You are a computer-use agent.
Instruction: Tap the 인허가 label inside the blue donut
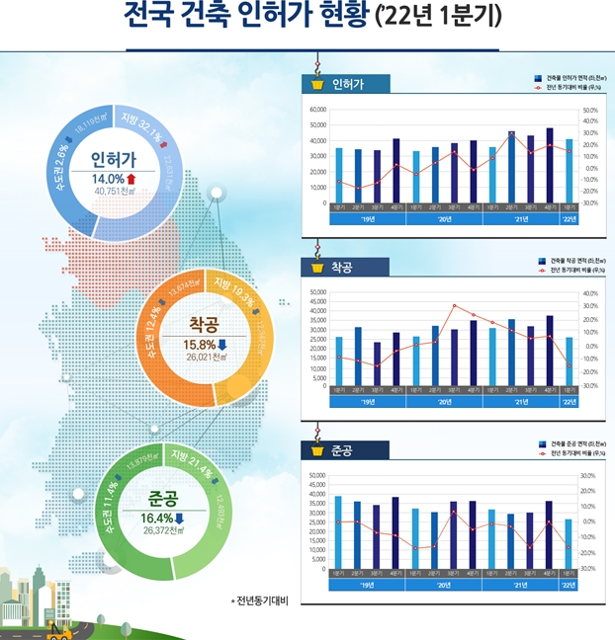[113, 160]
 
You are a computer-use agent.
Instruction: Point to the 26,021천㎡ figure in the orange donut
[205, 359]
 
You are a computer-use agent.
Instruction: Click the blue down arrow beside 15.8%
[220, 344]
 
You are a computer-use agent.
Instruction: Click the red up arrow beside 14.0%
[130, 179]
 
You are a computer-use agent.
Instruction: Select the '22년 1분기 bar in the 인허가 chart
[569, 171]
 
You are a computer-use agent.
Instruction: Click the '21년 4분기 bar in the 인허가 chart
[550, 165]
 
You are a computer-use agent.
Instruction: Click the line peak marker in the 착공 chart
[454, 306]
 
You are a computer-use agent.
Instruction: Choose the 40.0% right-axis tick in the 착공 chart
[589, 293]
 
